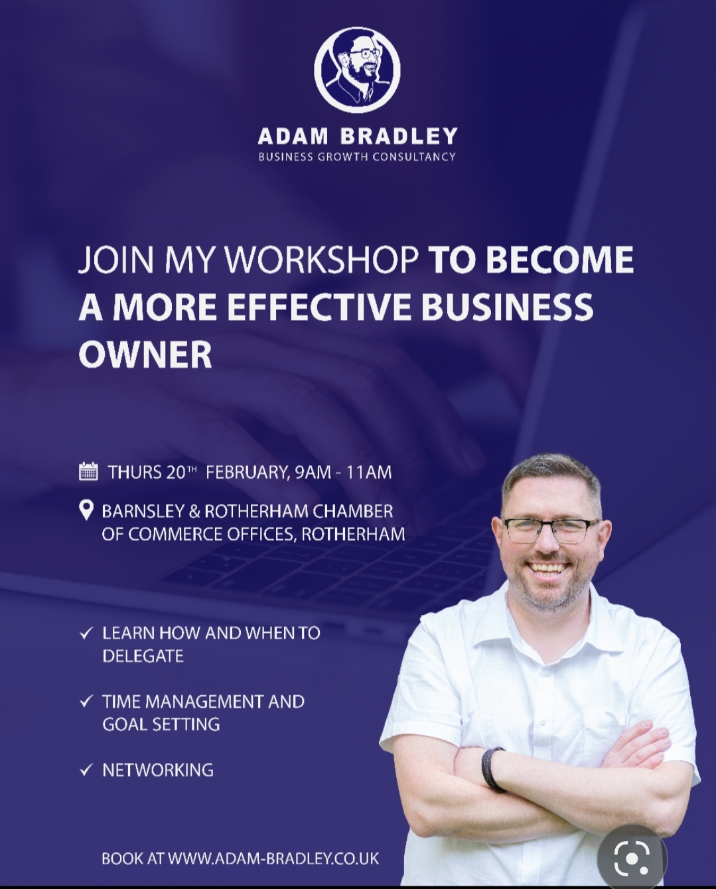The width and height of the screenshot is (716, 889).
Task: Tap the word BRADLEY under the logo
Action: pyautogui.click(x=399, y=136)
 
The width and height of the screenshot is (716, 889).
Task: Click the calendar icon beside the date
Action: pyautogui.click(x=88, y=471)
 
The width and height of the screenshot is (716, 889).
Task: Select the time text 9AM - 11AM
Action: pyautogui.click(x=344, y=472)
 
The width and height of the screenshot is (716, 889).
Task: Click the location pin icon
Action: pyautogui.click(x=86, y=511)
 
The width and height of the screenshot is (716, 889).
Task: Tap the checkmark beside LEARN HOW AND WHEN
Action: pyautogui.click(x=86, y=633)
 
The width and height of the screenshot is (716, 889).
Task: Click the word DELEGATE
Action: pyautogui.click(x=143, y=657)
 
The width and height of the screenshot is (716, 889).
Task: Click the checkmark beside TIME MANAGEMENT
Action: pyautogui.click(x=86, y=702)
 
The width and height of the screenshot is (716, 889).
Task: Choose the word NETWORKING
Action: pyautogui.click(x=158, y=770)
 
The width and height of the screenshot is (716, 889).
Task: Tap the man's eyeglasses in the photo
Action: pyautogui.click(x=553, y=530)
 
